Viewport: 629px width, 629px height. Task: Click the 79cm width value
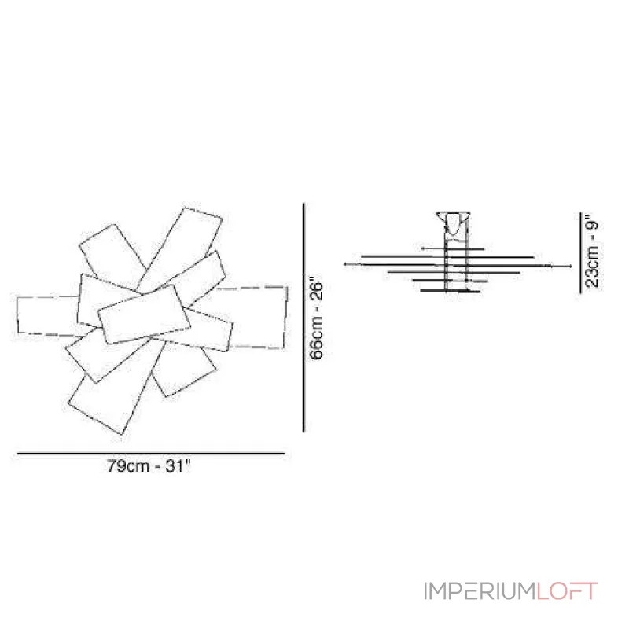click(128, 466)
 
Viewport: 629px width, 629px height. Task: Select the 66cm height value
click(316, 339)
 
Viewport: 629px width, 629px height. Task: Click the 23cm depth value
click(592, 267)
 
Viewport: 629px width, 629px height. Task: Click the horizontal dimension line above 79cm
click(151, 454)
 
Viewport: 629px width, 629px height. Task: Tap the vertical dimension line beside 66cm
click(303, 318)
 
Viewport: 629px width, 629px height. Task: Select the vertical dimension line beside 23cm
click(580, 252)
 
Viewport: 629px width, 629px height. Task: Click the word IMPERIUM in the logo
click(480, 591)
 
